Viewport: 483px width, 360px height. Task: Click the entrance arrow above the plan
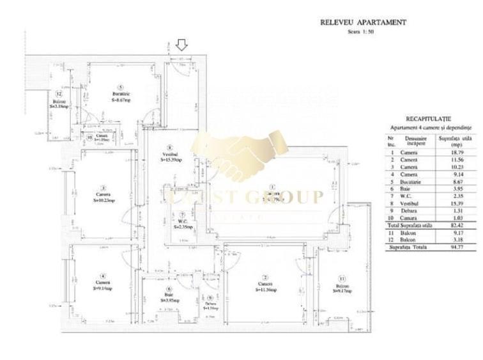click(x=182, y=45)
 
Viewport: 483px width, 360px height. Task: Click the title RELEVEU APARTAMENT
click(x=363, y=22)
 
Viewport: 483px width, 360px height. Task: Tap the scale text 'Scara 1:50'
click(x=362, y=31)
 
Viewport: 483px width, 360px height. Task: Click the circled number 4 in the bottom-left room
click(x=102, y=276)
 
